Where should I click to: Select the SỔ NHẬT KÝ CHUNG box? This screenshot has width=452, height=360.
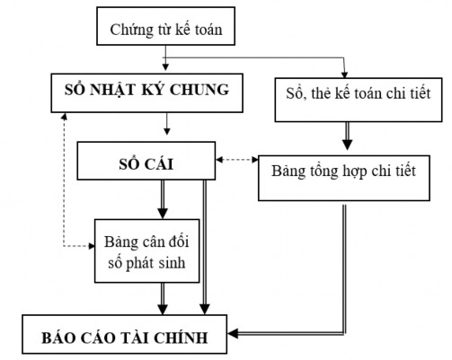[147, 91]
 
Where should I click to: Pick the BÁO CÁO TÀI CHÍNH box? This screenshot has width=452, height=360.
[126, 337]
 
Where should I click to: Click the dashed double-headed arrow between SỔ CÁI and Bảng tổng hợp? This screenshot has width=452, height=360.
[237, 162]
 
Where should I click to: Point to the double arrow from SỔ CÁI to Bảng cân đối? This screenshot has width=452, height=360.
[164, 198]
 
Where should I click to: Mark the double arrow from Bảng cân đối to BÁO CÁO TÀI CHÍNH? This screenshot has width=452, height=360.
[164, 296]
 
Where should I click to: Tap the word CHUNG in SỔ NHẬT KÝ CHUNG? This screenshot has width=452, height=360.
[205, 90]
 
